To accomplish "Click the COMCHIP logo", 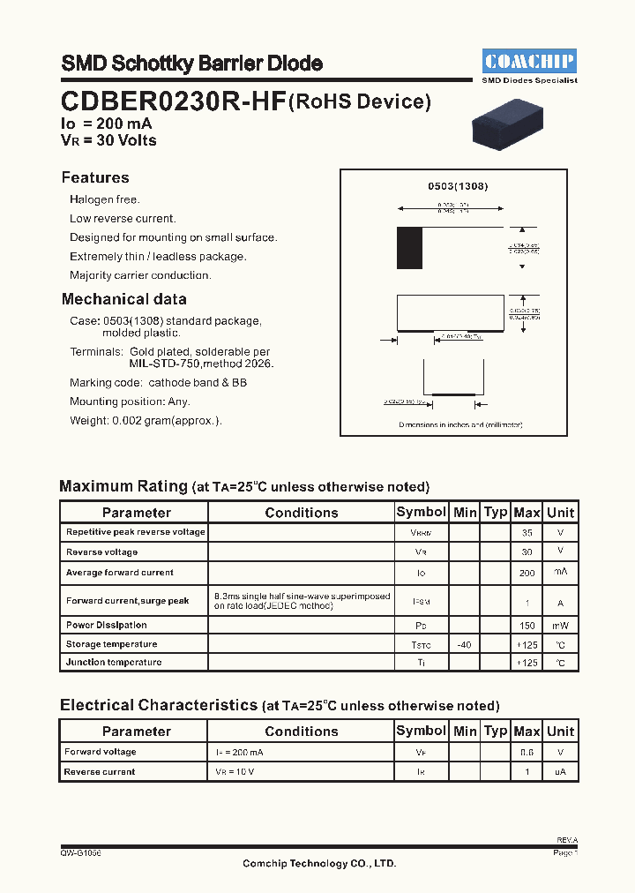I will pyautogui.click(x=529, y=61).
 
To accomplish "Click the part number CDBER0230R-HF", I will pyautogui.click(x=173, y=102).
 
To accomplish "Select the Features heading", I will pyautogui.click(x=95, y=177).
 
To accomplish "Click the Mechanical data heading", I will pyautogui.click(x=123, y=299).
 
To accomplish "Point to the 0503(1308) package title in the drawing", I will pyautogui.click(x=458, y=186).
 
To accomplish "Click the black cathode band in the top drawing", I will pyautogui.click(x=409, y=248).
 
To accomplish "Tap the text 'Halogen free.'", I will pyautogui.click(x=105, y=200).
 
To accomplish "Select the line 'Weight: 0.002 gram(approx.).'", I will pyautogui.click(x=146, y=421).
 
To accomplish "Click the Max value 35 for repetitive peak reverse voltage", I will pyautogui.click(x=527, y=533).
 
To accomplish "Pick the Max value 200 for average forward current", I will pyautogui.click(x=527, y=573).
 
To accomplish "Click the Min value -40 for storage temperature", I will pyautogui.click(x=464, y=645).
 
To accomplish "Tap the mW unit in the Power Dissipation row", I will pyautogui.click(x=560, y=625).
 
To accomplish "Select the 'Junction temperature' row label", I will pyautogui.click(x=114, y=662).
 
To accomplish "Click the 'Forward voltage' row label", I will pyautogui.click(x=101, y=752).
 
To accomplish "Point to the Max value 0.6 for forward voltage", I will pyautogui.click(x=527, y=753).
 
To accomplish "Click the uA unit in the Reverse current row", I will pyautogui.click(x=560, y=772).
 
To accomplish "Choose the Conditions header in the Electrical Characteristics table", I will pyautogui.click(x=301, y=731).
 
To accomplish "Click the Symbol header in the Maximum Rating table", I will pyautogui.click(x=421, y=512).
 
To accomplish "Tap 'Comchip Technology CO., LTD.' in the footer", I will pyautogui.click(x=319, y=863).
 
